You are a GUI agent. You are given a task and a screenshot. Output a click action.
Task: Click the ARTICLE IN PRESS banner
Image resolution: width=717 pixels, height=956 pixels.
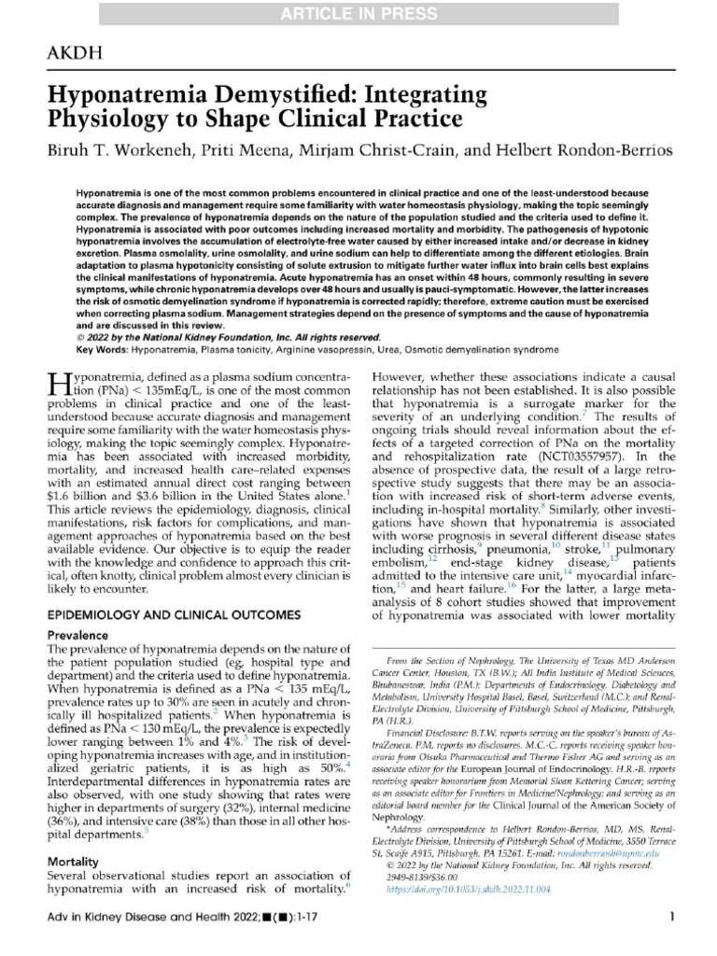(358, 13)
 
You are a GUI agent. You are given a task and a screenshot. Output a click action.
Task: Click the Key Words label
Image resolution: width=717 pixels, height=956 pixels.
(100, 348)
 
